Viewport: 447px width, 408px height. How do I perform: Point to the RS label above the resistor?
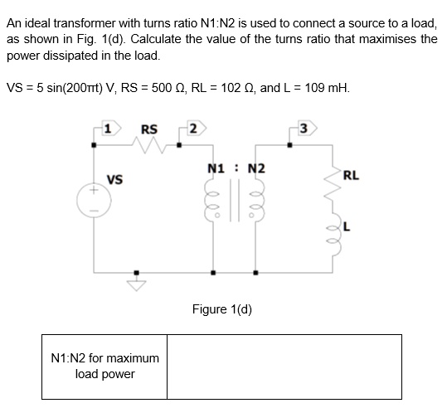[149, 129]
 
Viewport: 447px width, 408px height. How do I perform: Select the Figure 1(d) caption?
[221, 309]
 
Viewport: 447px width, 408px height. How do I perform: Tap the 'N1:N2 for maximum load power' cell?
[104, 366]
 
